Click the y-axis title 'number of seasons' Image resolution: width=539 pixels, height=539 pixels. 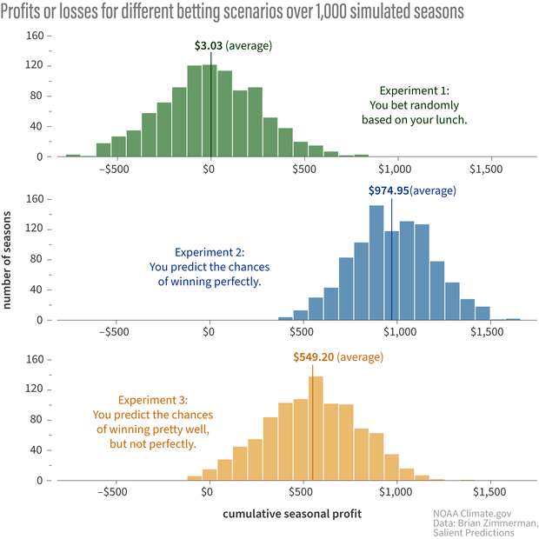8,258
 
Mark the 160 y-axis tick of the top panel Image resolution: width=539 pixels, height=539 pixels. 35,36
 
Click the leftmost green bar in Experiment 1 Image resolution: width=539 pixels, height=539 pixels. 73,156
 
